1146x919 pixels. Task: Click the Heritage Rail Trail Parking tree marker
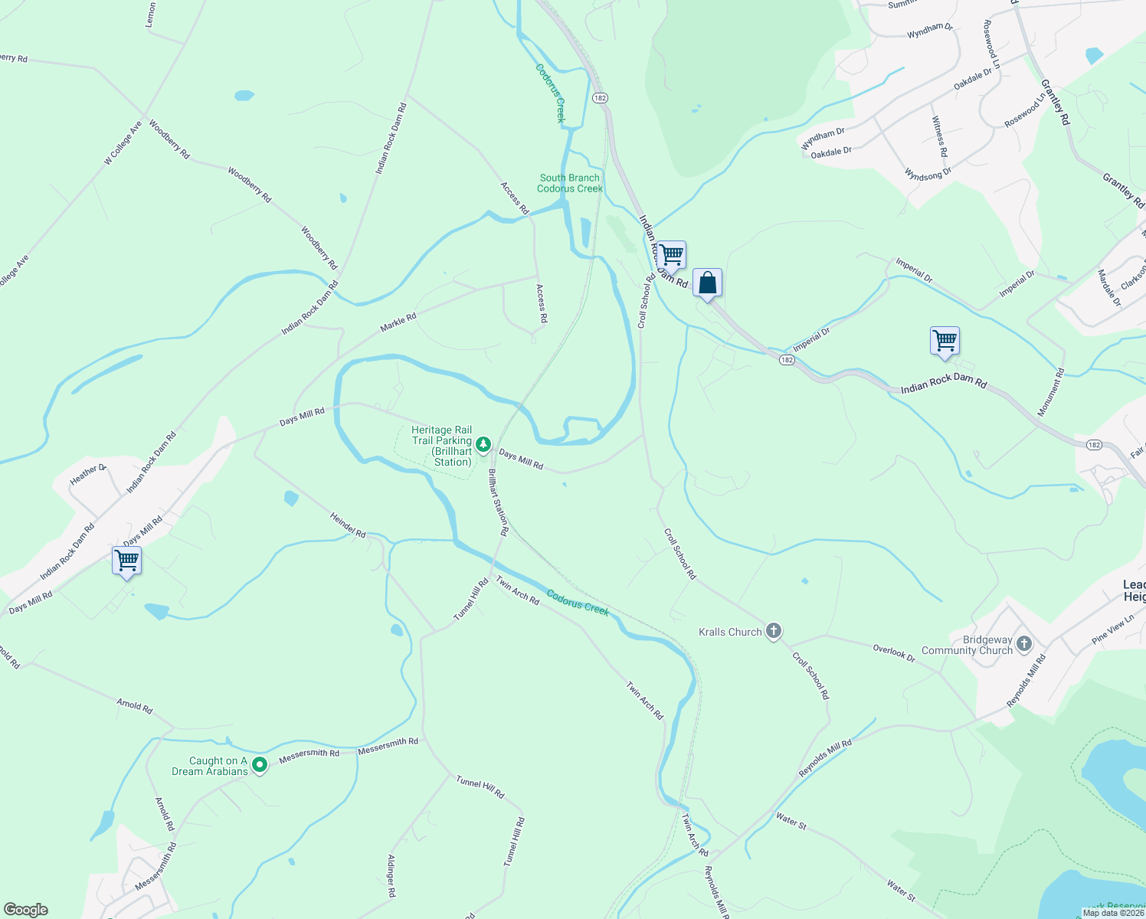point(483,444)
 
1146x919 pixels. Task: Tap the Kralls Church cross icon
point(774,631)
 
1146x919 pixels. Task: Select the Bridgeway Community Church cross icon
point(1025,644)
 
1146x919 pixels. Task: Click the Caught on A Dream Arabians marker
point(260,764)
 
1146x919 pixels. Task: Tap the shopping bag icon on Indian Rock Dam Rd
point(708,283)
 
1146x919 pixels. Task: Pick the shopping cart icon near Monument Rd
point(945,341)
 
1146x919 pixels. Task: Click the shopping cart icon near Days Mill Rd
point(127,561)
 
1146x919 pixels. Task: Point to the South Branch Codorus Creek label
point(570,183)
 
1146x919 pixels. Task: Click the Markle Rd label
point(398,322)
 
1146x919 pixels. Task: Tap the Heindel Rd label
point(348,525)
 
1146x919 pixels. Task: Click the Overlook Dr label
point(894,653)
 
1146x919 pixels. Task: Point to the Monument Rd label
point(1051,393)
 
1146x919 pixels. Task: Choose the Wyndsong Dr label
point(928,175)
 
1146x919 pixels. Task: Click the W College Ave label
point(123,142)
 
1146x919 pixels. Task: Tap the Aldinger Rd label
point(391,876)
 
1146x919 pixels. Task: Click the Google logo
point(26,910)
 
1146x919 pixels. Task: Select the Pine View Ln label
point(1113,631)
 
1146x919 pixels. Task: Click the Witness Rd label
point(940,136)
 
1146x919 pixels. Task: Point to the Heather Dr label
point(88,475)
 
